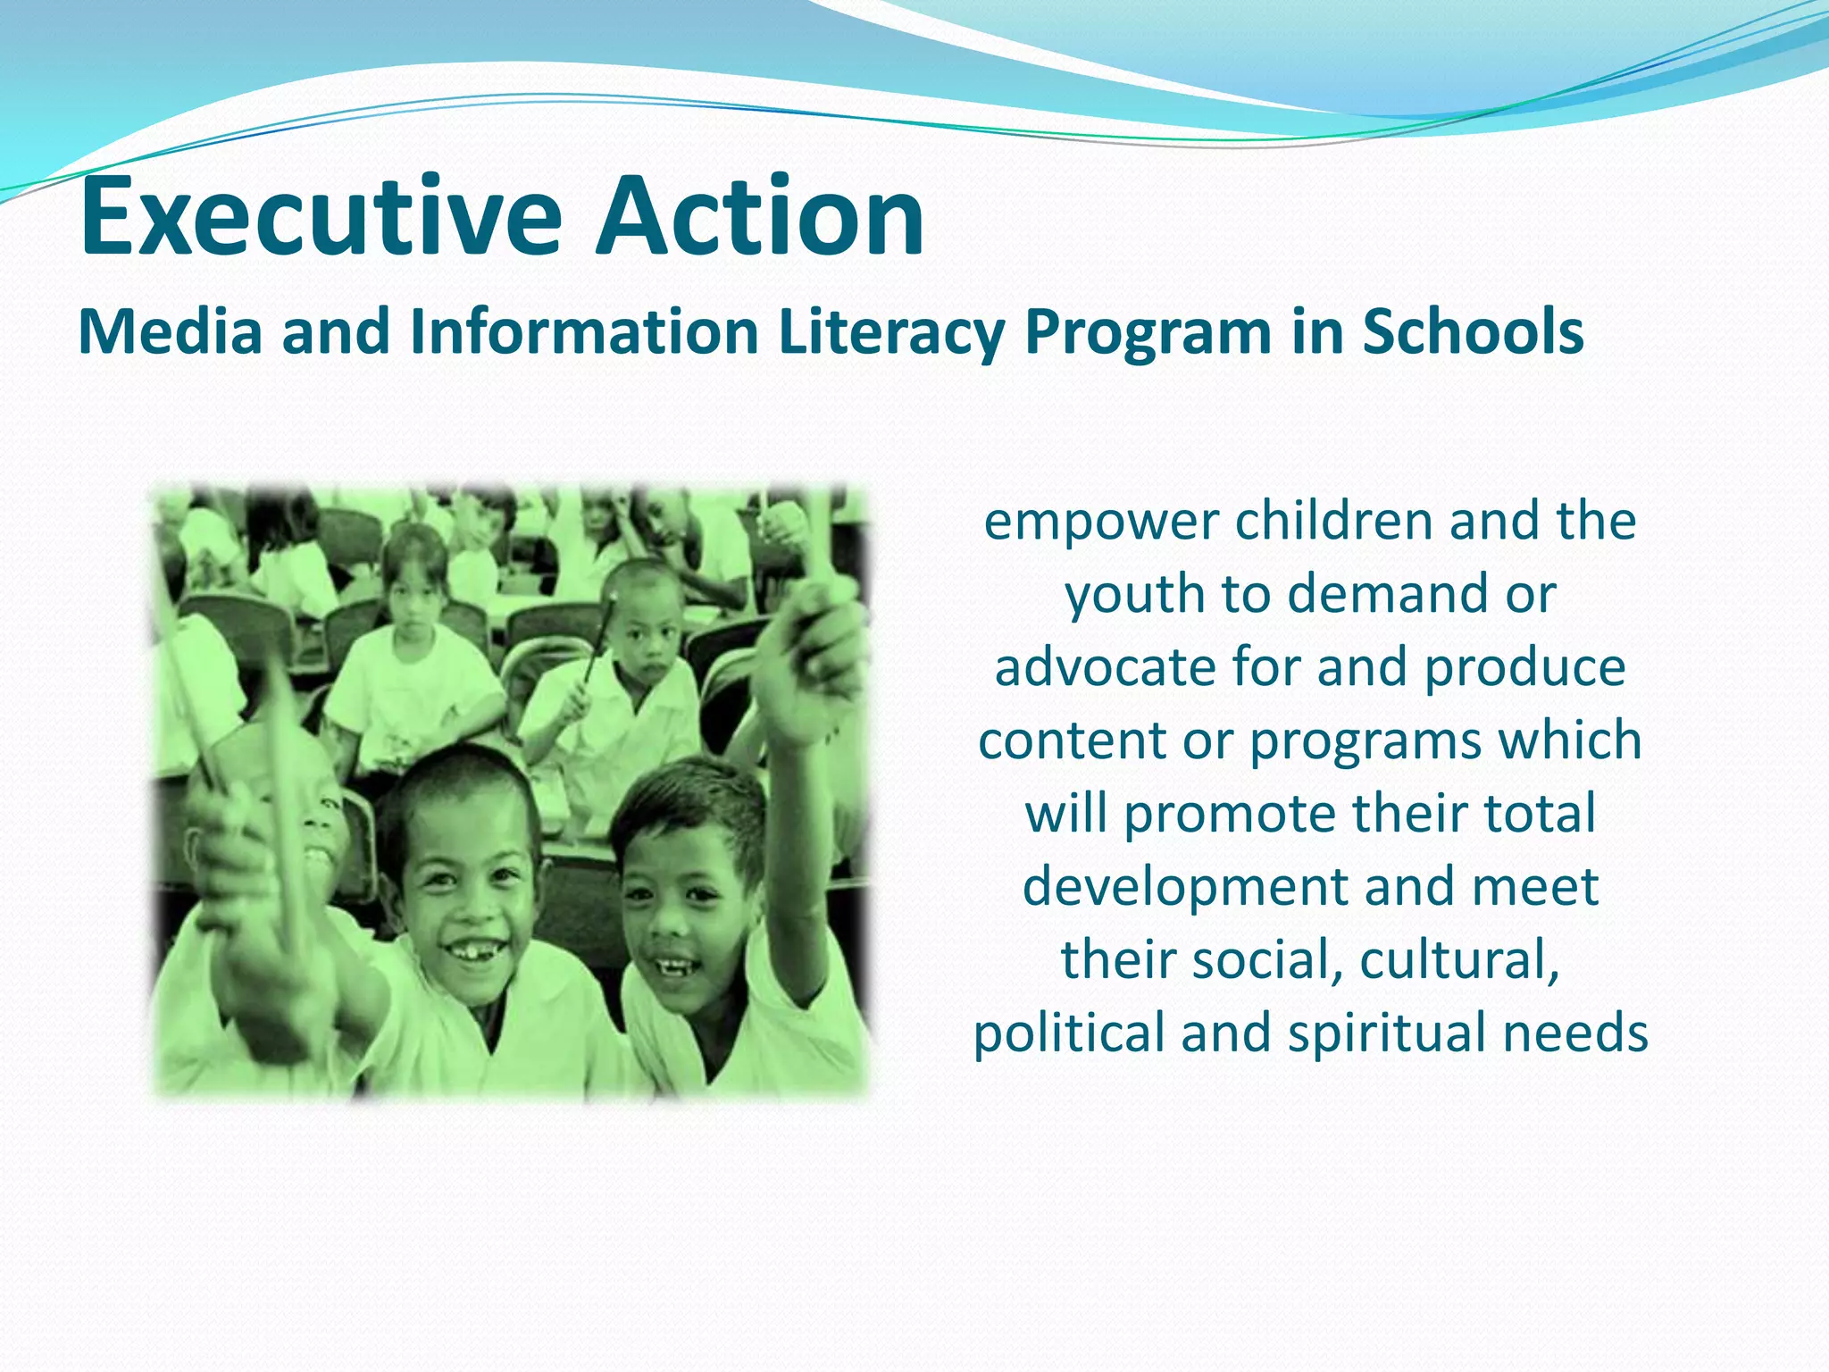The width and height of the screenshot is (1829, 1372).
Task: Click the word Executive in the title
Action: point(321,217)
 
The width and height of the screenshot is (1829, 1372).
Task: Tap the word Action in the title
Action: point(761,217)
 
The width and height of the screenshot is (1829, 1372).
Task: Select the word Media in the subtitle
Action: point(171,332)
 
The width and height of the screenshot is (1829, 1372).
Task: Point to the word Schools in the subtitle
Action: point(1473,332)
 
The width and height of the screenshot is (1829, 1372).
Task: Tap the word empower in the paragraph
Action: point(1101,523)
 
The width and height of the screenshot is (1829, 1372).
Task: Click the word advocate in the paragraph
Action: point(1104,668)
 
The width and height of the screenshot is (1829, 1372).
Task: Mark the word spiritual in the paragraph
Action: point(1386,1035)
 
